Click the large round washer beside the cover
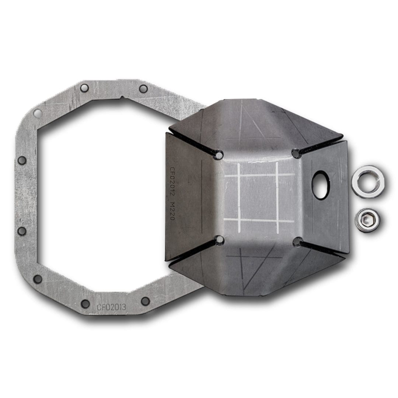pos(367,182)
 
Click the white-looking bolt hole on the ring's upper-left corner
pos(37,113)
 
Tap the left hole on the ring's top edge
pos(84,88)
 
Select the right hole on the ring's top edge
pos(143,88)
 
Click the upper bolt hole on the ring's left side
pos(22,161)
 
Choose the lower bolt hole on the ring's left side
pos(22,231)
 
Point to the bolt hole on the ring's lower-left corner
pos(38,279)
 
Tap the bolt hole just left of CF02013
pos(85,304)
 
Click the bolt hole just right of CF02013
pos(145,301)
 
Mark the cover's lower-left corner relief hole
pos(220,240)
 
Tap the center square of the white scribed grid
pos(258,198)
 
